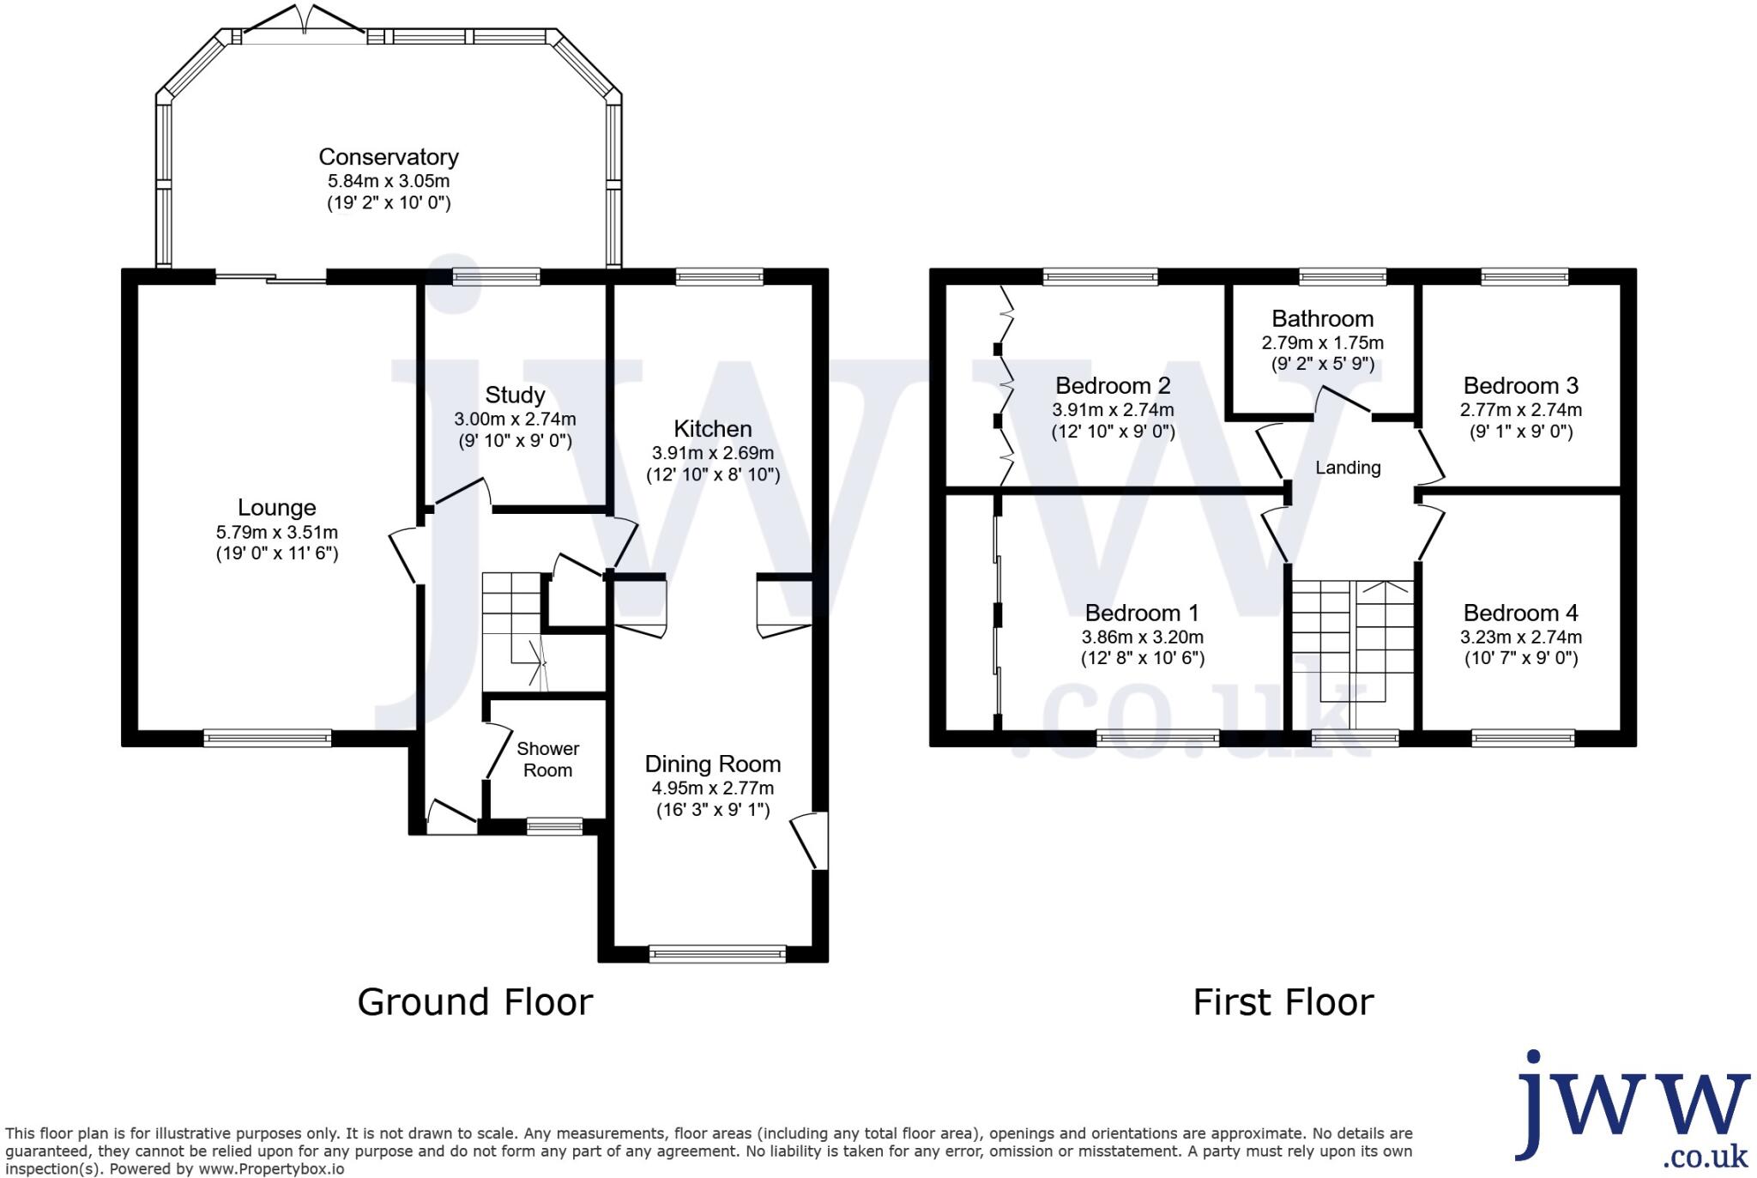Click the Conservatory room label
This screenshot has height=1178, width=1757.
tap(388, 157)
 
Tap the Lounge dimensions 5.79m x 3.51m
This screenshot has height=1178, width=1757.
tap(276, 532)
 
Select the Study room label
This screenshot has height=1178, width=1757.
tap(515, 395)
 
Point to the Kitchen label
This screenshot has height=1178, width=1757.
tap(712, 428)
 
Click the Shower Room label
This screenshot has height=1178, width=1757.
tap(547, 759)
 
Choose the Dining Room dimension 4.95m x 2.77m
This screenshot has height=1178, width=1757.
tap(712, 788)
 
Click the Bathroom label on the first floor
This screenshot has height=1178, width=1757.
tap(1322, 318)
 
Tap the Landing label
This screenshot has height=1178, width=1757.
tap(1348, 468)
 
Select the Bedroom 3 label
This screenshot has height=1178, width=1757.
tap(1520, 385)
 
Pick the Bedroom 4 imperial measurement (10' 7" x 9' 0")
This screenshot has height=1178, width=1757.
tap(1520, 658)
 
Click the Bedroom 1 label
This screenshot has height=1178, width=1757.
tap(1141, 613)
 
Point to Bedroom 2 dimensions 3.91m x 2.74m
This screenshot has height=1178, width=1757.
tap(1113, 409)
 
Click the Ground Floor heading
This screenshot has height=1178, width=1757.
tap(474, 1001)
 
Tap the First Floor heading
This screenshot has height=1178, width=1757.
tap(1283, 1001)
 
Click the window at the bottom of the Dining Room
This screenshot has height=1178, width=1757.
tap(717, 953)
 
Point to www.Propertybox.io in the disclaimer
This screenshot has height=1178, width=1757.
tap(271, 1169)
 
